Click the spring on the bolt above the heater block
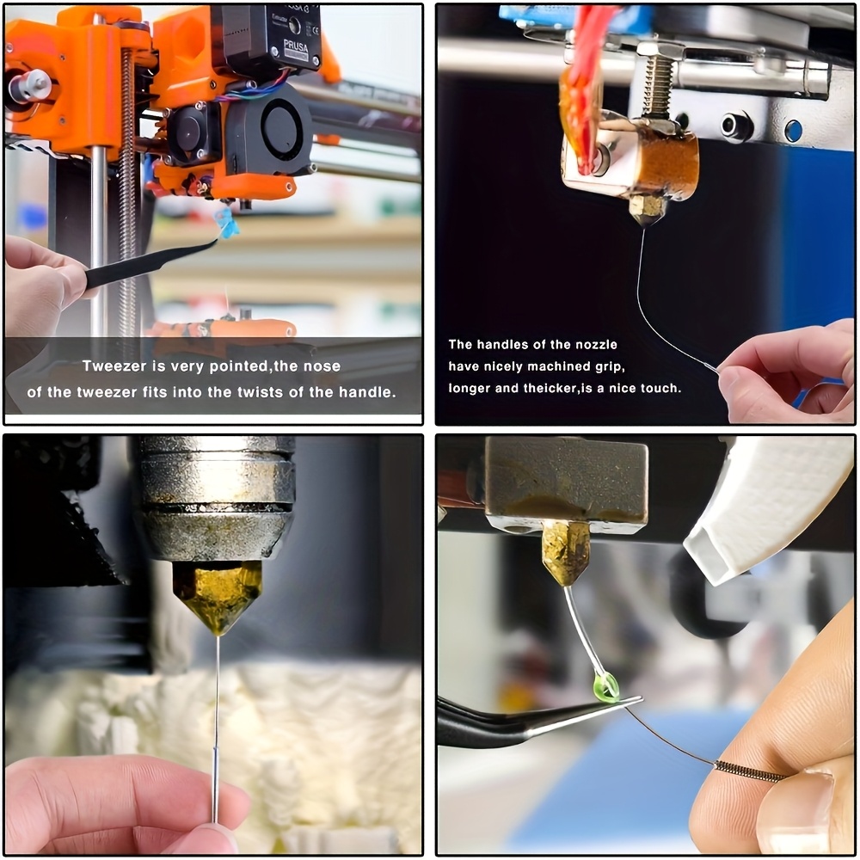[658, 85]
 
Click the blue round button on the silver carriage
[793, 131]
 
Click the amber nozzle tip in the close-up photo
[218, 599]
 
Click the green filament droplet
[606, 688]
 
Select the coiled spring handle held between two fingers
[749, 771]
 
